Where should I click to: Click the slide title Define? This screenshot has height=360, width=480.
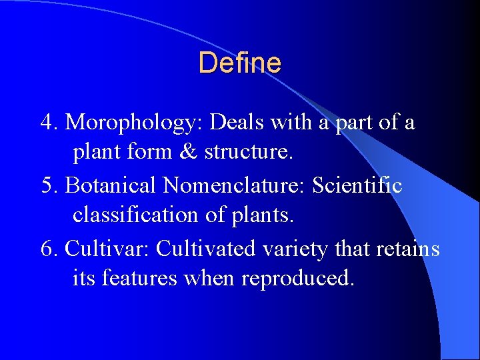(x=239, y=63)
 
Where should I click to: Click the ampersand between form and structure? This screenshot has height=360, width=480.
(x=189, y=153)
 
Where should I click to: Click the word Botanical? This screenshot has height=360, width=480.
(x=115, y=185)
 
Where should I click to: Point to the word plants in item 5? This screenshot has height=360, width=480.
(x=263, y=216)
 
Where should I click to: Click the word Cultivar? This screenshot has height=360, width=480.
(x=108, y=249)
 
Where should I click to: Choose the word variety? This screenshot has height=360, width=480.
(x=293, y=249)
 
